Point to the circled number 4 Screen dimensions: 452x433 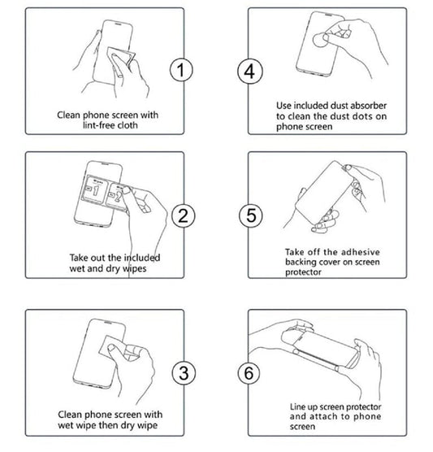pos(249,71)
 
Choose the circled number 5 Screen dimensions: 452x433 pos(249,215)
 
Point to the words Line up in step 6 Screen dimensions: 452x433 pos(301,406)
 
